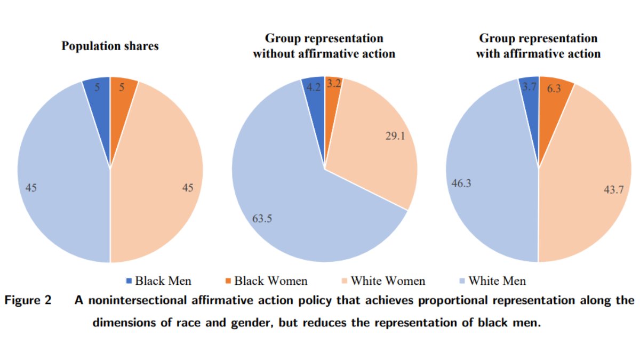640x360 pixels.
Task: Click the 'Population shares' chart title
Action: tap(110, 46)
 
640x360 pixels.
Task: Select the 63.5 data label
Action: tap(262, 218)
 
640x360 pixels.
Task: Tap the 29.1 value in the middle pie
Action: tap(395, 136)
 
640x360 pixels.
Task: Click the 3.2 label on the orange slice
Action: tap(334, 83)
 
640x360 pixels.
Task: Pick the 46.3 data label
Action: tap(461, 183)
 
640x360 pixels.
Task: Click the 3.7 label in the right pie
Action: tap(529, 86)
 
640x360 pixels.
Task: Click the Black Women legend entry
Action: tap(265, 281)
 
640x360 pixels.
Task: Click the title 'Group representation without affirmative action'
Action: tap(324, 46)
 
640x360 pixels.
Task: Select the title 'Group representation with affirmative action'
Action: tap(538, 46)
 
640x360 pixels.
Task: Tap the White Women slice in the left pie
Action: tap(155, 176)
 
